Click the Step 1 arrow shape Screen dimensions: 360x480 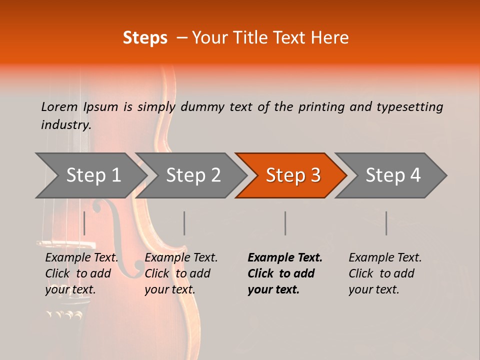point(92,175)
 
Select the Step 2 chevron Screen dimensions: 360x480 point(192,175)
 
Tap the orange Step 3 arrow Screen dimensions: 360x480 point(292,175)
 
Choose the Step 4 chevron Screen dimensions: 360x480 point(392,175)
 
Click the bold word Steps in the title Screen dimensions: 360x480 point(145,38)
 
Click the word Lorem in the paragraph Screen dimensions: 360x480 point(59,106)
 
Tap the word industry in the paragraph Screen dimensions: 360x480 point(65,124)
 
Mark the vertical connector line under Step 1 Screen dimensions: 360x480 point(84,223)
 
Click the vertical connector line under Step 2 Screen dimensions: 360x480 point(184,223)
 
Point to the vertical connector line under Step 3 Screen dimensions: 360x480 point(285,223)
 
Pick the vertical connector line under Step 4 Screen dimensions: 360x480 point(386,223)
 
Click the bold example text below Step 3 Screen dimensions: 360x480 point(285,273)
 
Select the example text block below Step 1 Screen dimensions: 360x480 point(81,273)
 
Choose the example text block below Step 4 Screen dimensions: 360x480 point(385,273)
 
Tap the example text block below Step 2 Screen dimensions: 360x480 point(181,273)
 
